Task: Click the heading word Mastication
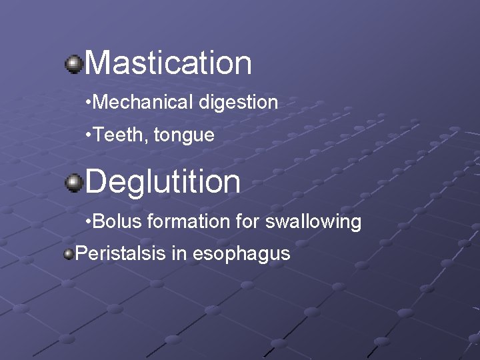coord(168,63)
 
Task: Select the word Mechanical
coord(143,102)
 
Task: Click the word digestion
coord(238,103)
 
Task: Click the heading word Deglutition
coord(163,181)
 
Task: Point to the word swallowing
coord(313,222)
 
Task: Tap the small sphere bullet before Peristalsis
coord(68,254)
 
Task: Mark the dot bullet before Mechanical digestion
coord(89,103)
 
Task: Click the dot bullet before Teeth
coord(89,136)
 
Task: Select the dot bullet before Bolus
coord(89,222)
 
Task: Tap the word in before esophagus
coord(183,253)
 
